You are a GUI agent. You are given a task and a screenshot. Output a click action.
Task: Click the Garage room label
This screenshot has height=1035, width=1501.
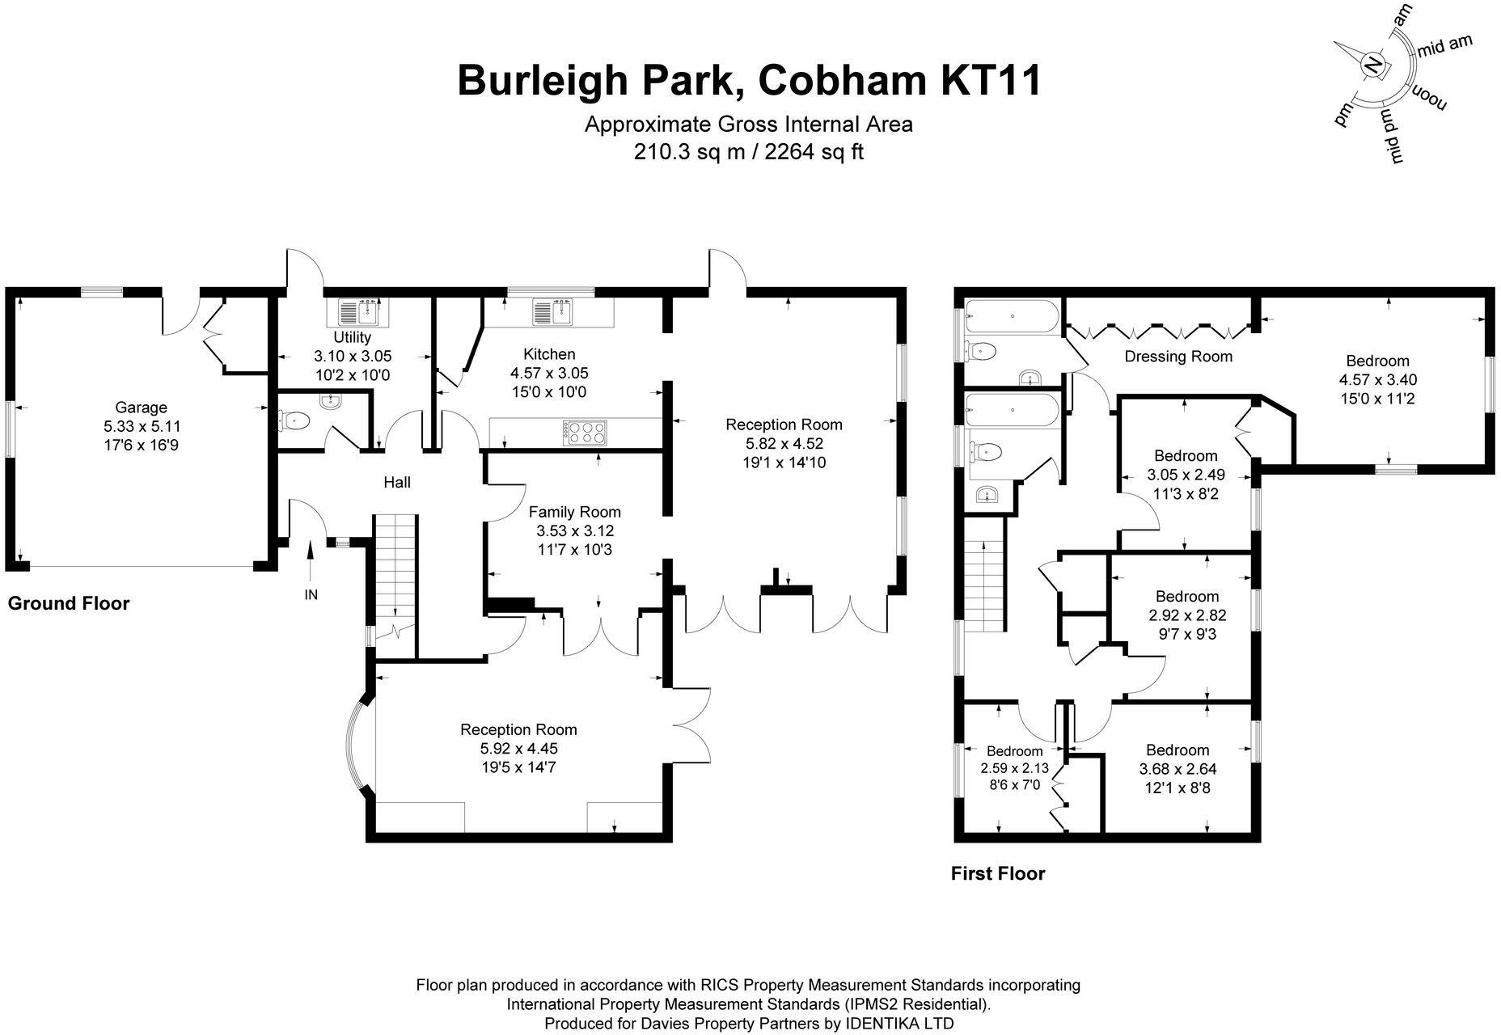[x=141, y=408]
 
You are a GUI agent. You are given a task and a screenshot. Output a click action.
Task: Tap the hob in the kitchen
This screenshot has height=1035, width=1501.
[x=584, y=433]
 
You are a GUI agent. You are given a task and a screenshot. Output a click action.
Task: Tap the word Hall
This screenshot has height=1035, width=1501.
[x=396, y=483]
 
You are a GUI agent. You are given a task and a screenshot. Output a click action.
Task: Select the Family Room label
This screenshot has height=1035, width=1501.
[x=574, y=512]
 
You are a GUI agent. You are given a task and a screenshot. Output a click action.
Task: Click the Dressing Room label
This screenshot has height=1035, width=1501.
[x=1178, y=357]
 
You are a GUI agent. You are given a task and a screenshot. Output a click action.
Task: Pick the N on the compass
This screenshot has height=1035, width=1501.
[x=1373, y=64]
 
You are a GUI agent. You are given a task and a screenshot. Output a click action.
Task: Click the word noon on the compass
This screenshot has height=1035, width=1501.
[x=1429, y=97]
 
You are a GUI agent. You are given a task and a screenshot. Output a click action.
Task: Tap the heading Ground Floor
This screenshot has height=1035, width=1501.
[x=69, y=603]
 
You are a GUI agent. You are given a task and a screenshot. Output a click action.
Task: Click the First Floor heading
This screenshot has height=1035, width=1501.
[x=998, y=873]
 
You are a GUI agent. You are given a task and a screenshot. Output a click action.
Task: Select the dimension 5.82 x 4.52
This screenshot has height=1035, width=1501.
[x=783, y=444]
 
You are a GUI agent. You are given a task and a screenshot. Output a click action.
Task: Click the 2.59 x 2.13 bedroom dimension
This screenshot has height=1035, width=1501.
[x=1014, y=768]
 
